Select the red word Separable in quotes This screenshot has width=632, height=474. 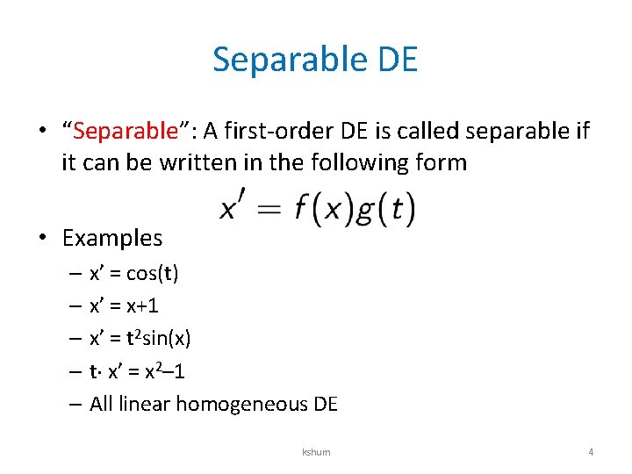click(126, 132)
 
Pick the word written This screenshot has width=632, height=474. click(198, 162)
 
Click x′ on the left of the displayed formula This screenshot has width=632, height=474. click(233, 208)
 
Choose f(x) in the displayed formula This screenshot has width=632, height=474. click(321, 208)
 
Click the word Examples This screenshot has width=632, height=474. click(112, 238)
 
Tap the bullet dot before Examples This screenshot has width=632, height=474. click(42, 238)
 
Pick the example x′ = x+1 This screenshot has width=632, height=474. click(124, 305)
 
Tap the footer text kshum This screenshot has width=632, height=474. click(316, 453)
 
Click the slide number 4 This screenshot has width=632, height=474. click(590, 453)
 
